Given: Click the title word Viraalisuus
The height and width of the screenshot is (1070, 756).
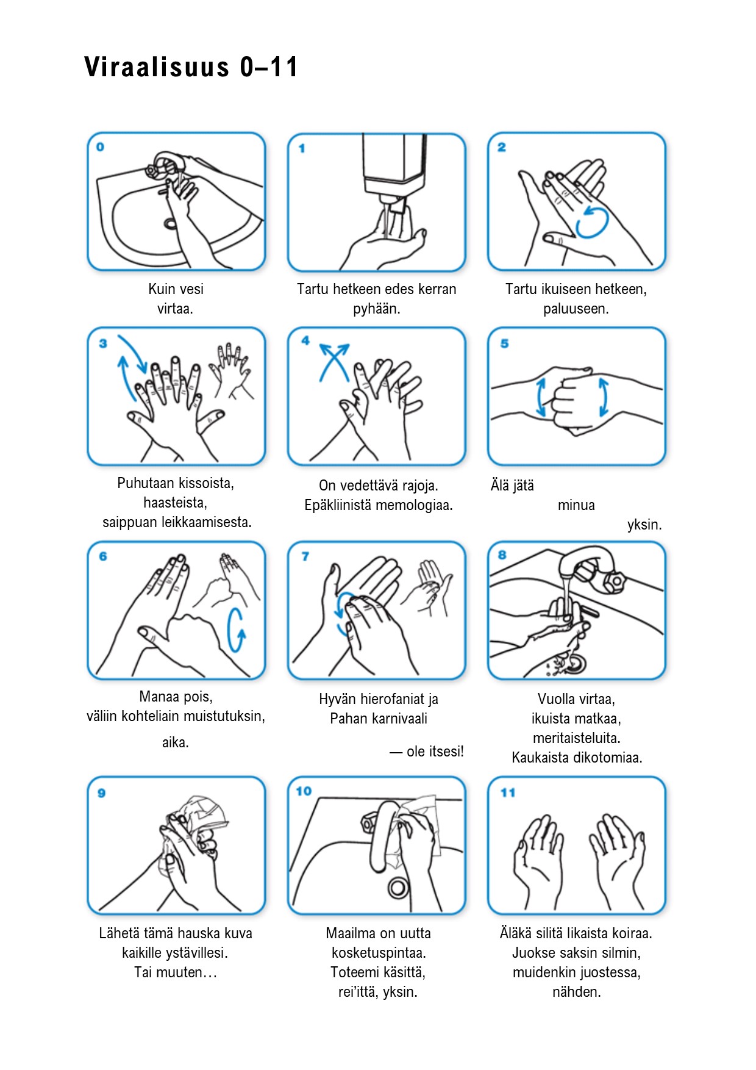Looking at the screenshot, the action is [x=157, y=66].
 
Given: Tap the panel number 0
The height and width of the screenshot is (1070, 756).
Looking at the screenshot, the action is [x=100, y=146].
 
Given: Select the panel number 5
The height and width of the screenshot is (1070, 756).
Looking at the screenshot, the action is [x=504, y=343].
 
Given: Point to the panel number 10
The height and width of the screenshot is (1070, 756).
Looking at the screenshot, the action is [x=304, y=791].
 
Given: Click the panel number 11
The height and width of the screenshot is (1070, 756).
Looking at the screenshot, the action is [x=508, y=792].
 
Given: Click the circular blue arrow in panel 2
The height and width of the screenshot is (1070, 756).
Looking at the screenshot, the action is [x=593, y=222].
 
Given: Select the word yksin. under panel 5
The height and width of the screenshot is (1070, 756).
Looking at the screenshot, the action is [x=644, y=525].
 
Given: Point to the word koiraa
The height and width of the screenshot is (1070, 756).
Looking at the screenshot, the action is [x=633, y=933].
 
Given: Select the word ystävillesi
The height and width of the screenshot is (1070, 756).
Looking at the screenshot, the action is [x=197, y=953].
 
